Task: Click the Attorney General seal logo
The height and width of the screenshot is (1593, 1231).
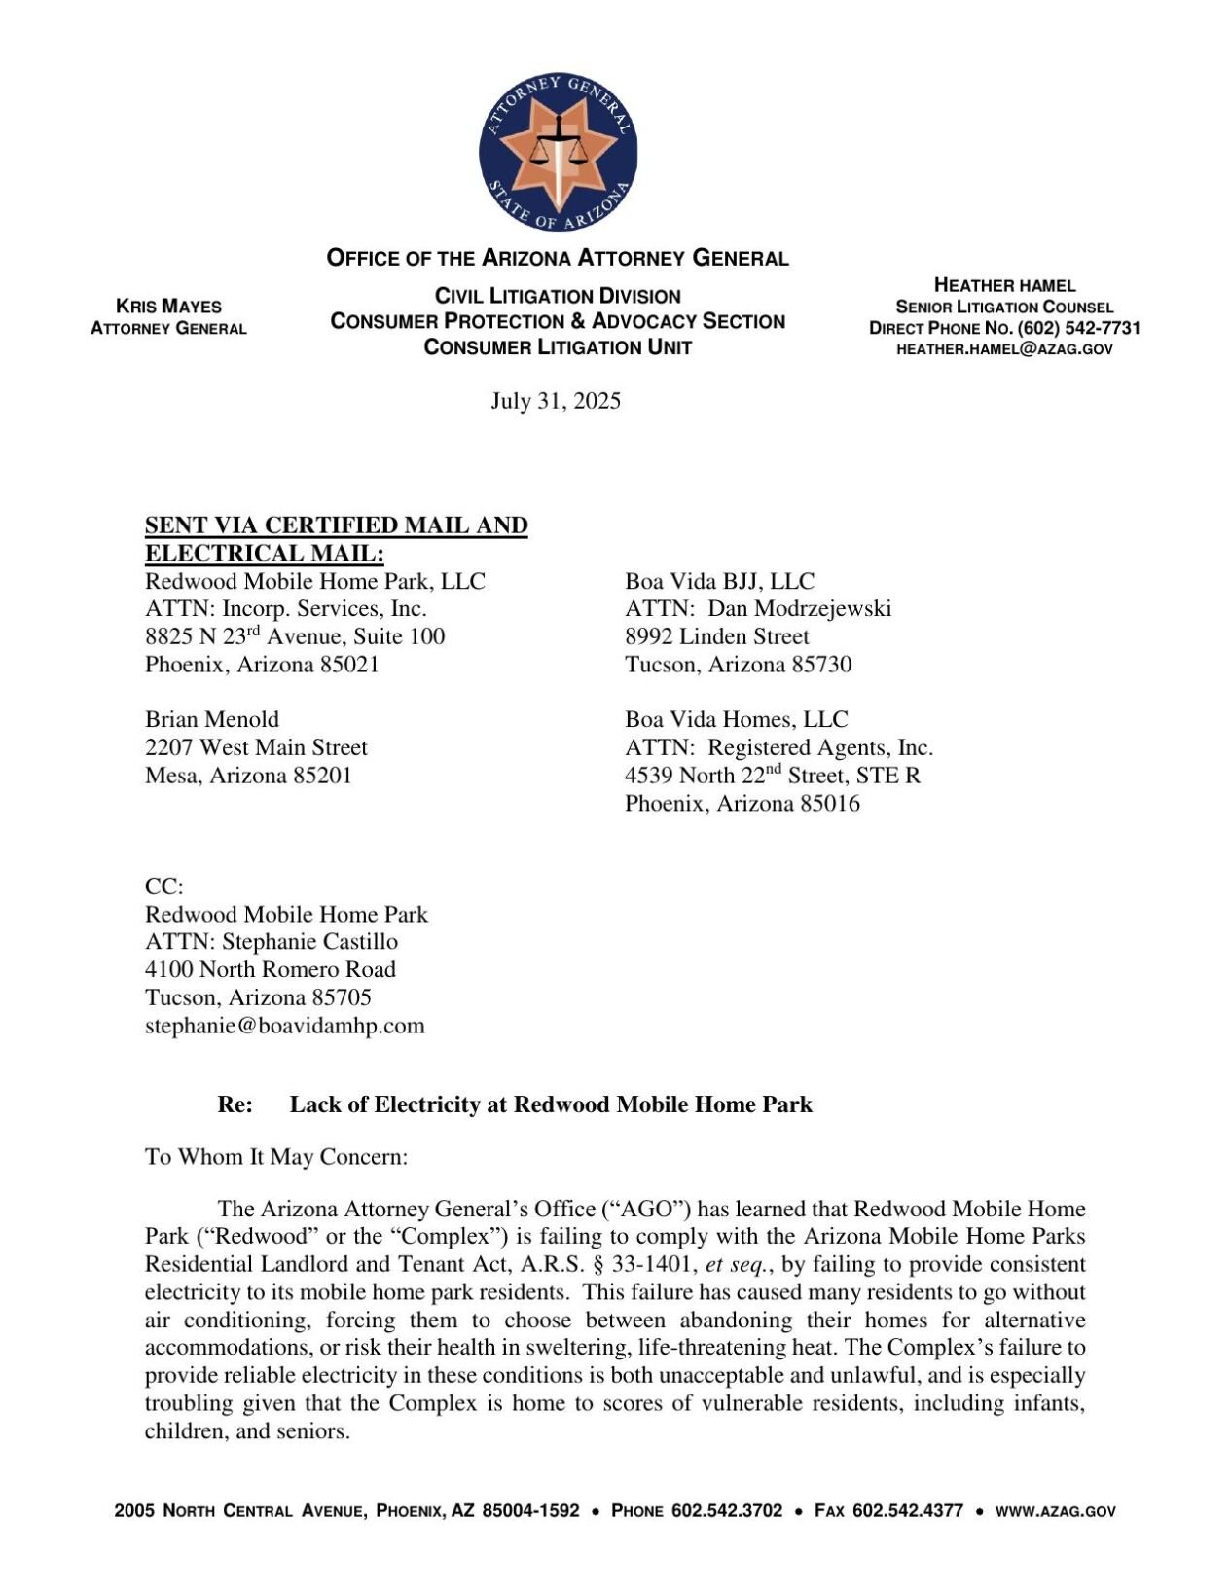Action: pos(558,152)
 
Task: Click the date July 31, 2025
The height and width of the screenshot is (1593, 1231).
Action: pos(555,401)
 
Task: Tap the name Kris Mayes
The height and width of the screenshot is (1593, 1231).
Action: pos(168,306)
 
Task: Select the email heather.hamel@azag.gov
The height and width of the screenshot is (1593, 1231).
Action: pos(1003,348)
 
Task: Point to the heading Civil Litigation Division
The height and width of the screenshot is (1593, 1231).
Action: pos(557,296)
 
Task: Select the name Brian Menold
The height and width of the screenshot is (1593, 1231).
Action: pos(211,719)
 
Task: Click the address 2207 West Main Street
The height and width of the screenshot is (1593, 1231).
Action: pos(256,747)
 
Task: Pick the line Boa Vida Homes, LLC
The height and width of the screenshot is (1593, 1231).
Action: pos(736,719)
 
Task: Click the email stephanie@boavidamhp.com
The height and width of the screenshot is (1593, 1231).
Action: pos(284,1025)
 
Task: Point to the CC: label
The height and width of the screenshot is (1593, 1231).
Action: pos(163,887)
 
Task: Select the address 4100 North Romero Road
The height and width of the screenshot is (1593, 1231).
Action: pos(270,969)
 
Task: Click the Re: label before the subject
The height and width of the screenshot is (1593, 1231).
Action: pos(235,1104)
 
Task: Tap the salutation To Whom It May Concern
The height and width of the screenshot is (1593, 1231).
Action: pos(275,1156)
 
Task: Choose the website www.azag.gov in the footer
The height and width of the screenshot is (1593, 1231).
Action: pos(1055,1511)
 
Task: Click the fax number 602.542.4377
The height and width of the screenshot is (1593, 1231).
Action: pos(907,1511)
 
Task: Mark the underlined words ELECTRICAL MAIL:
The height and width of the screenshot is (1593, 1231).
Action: pos(264,553)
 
